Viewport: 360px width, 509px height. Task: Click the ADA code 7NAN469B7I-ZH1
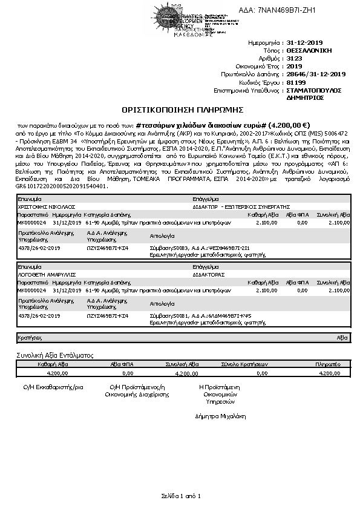[x=286, y=10]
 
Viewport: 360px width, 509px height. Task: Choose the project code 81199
[x=295, y=82]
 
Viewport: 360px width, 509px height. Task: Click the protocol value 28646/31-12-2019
[x=315, y=74]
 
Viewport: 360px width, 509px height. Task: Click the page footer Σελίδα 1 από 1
[x=180, y=496]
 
